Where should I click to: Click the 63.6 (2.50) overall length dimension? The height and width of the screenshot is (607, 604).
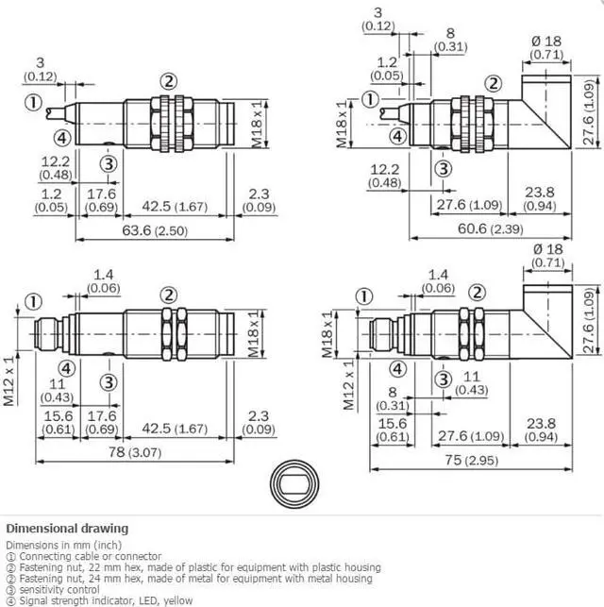155,230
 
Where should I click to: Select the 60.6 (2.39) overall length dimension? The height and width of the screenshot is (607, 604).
490,228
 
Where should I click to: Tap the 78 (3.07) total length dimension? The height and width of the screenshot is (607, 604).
134,452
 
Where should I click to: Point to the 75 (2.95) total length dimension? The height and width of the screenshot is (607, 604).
471,461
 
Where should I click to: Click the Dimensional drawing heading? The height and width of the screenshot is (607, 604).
67,529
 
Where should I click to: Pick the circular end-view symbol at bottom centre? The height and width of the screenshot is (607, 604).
294,484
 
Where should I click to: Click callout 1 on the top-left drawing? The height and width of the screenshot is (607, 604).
33,103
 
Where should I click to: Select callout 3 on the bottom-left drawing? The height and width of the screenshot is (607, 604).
109,382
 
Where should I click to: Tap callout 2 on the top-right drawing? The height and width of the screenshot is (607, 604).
494,84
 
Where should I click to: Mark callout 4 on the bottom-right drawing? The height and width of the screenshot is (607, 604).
397,369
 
